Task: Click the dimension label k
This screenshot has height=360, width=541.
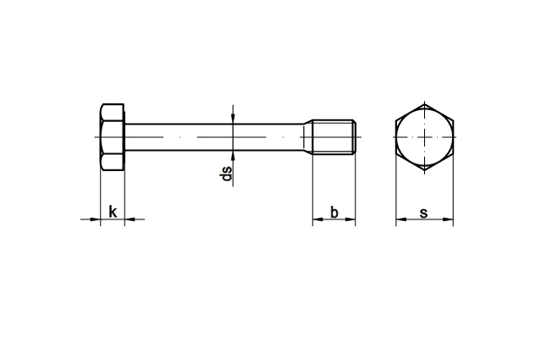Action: click(113, 212)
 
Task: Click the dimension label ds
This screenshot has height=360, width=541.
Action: click(226, 174)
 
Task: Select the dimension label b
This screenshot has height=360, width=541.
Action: click(334, 213)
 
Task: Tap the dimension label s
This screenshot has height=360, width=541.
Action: click(423, 213)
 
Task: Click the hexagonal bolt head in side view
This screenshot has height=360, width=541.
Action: click(113, 137)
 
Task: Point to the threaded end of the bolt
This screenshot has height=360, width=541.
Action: click(334, 137)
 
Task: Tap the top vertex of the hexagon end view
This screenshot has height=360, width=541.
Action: click(424, 103)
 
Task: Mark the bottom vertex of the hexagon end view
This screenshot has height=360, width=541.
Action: click(424, 170)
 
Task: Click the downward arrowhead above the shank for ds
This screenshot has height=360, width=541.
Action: click(233, 119)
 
